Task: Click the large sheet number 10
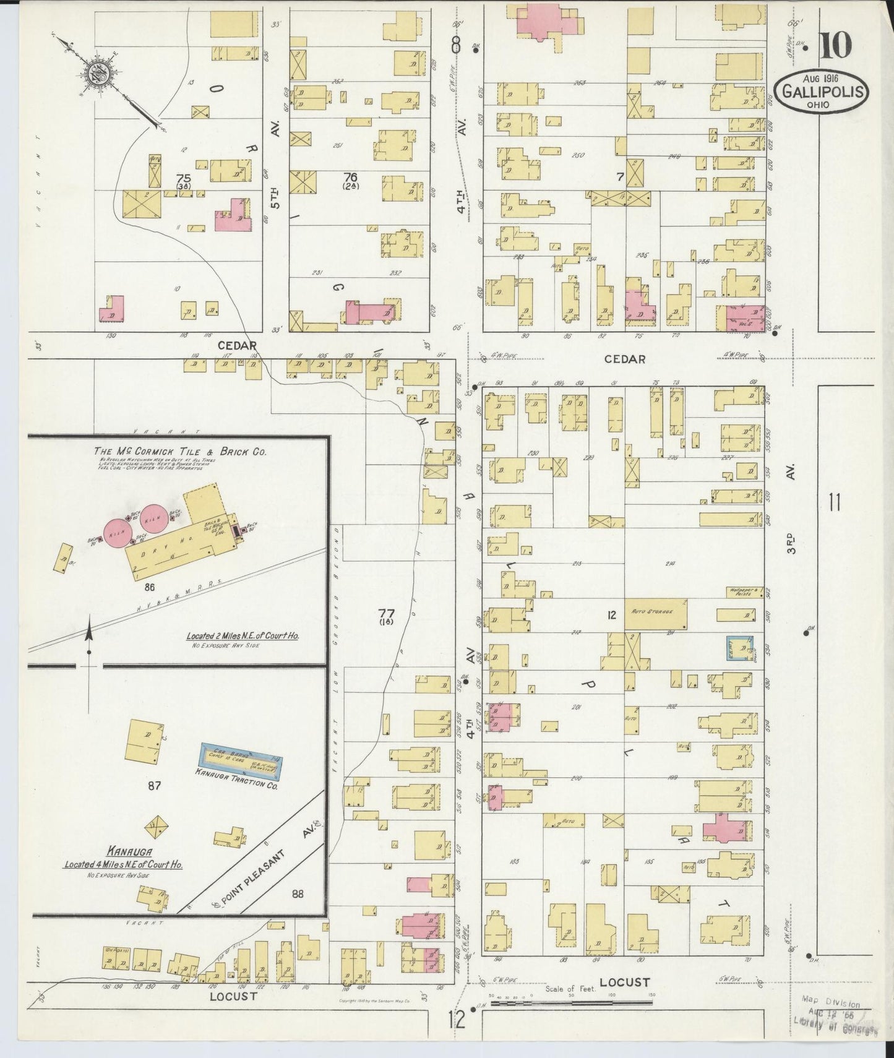click(836, 45)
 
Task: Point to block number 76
click(350, 177)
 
